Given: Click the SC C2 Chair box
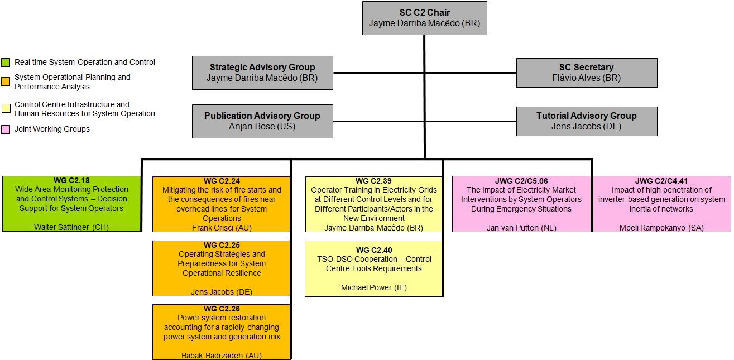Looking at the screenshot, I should tap(424, 18).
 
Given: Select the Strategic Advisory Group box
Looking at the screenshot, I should tap(262, 73).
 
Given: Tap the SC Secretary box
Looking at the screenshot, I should tap(586, 73).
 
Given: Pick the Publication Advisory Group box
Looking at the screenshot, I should tap(262, 121).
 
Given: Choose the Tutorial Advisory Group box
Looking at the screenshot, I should tap(586, 121).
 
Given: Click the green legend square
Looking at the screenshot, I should tap(6, 63).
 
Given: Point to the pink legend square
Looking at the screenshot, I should tap(6, 129).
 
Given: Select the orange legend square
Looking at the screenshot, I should tap(6, 82).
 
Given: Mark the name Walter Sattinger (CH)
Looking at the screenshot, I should tap(72, 227).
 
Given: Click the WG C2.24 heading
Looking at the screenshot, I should tap(222, 181).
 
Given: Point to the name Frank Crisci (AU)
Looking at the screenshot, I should tap(222, 228).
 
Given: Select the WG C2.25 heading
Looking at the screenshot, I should tap(222, 245).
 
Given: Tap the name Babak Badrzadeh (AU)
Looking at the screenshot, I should tap(222, 355).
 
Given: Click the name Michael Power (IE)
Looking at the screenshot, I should tap(374, 287).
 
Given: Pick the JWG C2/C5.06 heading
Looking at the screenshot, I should tap(521, 181).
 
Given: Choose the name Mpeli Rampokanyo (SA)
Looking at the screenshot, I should tap(661, 228).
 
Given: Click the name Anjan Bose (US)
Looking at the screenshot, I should tap(262, 126).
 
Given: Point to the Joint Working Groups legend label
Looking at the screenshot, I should tap(52, 129).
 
